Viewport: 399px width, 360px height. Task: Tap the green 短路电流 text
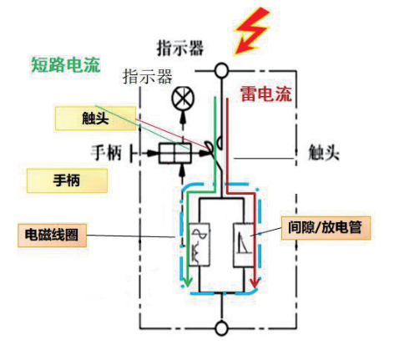[x=65, y=63]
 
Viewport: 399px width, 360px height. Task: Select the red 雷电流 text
[x=265, y=94]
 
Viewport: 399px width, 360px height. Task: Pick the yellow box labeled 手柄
[x=67, y=180]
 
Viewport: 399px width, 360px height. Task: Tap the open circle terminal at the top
[x=221, y=70]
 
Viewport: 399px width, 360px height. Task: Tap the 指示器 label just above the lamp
[x=147, y=77]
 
